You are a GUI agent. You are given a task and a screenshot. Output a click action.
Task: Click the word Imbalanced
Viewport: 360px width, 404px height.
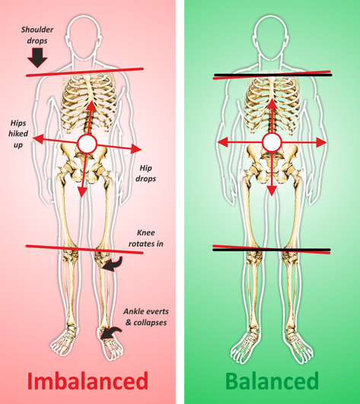click(x=88, y=381)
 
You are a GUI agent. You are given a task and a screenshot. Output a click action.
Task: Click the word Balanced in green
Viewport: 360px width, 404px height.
click(x=272, y=381)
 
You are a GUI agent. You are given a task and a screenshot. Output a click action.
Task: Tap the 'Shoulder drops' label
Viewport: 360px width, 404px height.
click(x=37, y=35)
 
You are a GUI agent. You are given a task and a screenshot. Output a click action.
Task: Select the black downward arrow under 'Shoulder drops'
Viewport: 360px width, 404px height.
click(x=37, y=58)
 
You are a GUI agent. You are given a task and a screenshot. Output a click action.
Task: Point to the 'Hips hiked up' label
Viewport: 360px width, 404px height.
click(x=18, y=134)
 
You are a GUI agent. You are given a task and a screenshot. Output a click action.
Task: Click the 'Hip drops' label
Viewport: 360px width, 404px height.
click(x=146, y=173)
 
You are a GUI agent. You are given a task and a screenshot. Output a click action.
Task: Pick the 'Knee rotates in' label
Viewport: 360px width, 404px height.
click(x=146, y=238)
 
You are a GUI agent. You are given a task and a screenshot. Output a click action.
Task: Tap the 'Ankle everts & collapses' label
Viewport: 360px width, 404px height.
click(x=146, y=317)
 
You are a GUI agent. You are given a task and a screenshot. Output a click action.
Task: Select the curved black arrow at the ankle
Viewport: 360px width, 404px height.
click(x=111, y=332)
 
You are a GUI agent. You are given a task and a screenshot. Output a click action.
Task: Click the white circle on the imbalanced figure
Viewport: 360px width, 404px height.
click(x=88, y=144)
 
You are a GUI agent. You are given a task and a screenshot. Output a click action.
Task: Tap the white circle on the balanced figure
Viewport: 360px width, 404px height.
click(x=272, y=142)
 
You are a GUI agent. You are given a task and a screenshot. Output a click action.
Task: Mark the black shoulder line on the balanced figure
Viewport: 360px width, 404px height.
click(x=273, y=75)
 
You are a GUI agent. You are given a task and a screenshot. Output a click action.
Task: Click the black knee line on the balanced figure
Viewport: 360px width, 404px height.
click(x=272, y=250)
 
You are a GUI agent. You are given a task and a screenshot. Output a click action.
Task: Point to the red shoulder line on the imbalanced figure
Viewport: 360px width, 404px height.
click(x=84, y=72)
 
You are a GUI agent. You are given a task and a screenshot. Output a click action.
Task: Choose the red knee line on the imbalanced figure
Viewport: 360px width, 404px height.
click(x=84, y=250)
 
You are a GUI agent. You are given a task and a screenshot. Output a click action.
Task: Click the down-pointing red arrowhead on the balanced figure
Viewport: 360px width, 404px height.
click(x=272, y=190)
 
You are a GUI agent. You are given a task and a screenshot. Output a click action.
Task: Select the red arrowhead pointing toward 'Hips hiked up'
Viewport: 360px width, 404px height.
click(x=38, y=139)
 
